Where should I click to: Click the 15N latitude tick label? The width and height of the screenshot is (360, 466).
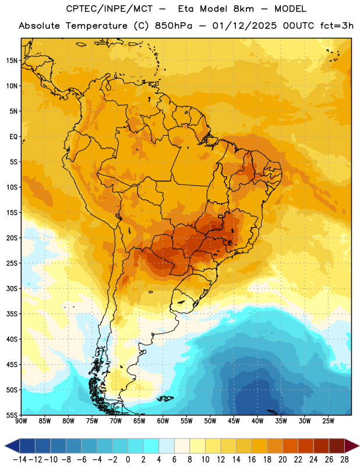tap(12, 61)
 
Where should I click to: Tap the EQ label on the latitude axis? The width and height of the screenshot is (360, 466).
tap(13, 137)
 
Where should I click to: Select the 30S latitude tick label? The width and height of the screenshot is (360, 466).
tap(12, 288)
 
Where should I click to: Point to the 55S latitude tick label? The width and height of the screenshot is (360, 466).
tap(12, 415)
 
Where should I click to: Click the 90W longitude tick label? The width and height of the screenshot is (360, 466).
tap(22, 421)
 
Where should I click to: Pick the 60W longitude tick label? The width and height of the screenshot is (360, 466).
tap(163, 421)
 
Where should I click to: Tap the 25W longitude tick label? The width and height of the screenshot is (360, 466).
tap(328, 421)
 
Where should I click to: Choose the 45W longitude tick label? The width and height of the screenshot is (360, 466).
tap(234, 421)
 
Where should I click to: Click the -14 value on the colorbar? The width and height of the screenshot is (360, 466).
tap(20, 460)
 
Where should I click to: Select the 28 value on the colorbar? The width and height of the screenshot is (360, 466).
tap(344, 460)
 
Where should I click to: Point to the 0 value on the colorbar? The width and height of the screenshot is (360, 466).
tap(128, 460)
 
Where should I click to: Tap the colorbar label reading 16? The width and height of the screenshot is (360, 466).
tap(252, 460)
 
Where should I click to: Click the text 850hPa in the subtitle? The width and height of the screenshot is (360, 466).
tap(174, 26)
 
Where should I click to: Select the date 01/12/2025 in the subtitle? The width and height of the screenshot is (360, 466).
tap(244, 26)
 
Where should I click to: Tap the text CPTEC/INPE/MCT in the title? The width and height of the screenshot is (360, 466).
tap(110, 9)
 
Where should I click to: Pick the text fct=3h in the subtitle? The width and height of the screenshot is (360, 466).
tap(337, 26)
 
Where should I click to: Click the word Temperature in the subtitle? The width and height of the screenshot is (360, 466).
tap(97, 26)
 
